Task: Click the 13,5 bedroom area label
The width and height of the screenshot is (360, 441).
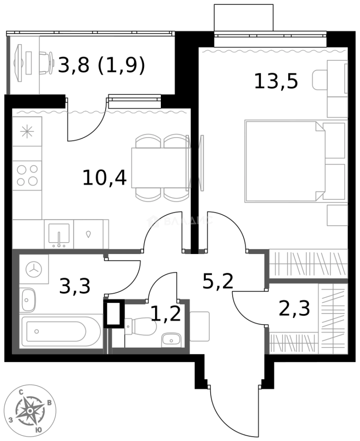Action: (x=276, y=81)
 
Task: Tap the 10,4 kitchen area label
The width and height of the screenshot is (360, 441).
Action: (x=104, y=178)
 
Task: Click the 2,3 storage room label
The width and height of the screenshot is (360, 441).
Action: (x=295, y=308)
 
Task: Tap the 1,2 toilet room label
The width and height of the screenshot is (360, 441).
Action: (x=165, y=314)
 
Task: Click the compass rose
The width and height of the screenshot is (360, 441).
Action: (x=30, y=412)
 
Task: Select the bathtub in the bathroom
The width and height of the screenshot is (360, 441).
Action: (x=61, y=331)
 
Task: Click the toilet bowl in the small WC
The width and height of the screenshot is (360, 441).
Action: (x=140, y=326)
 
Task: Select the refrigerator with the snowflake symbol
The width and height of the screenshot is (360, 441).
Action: (x=27, y=131)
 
